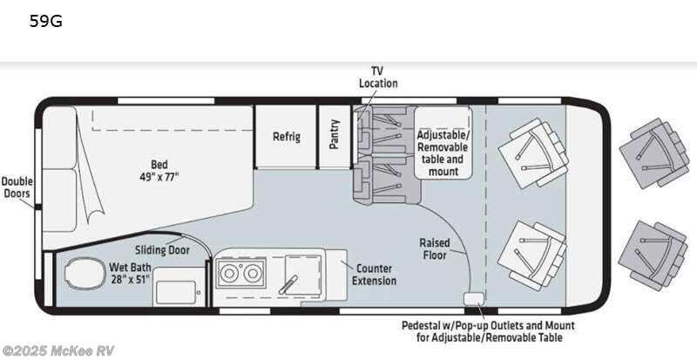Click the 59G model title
pyautogui.click(x=46, y=21)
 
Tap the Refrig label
pyautogui.click(x=287, y=137)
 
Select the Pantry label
pyautogui.click(x=335, y=133)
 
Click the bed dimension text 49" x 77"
pyautogui.click(x=159, y=177)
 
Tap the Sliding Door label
pyautogui.click(x=162, y=250)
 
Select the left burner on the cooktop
pyautogui.click(x=229, y=273)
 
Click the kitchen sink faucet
pyautogui.click(x=288, y=284)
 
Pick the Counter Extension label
pyautogui.click(x=375, y=275)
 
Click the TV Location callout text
pyautogui.click(x=378, y=77)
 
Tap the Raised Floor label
pyautogui.click(x=434, y=248)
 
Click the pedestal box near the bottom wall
pyautogui.click(x=472, y=299)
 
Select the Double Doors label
pyautogui.click(x=17, y=187)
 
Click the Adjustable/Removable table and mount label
pyautogui.click(x=443, y=153)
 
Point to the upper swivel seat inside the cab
pyautogui.click(x=533, y=153)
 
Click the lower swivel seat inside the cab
pyautogui.click(x=531, y=255)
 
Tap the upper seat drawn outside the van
pyautogui.click(x=655, y=153)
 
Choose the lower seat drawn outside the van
pyautogui.click(x=653, y=255)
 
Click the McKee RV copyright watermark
pyautogui.click(x=58, y=350)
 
